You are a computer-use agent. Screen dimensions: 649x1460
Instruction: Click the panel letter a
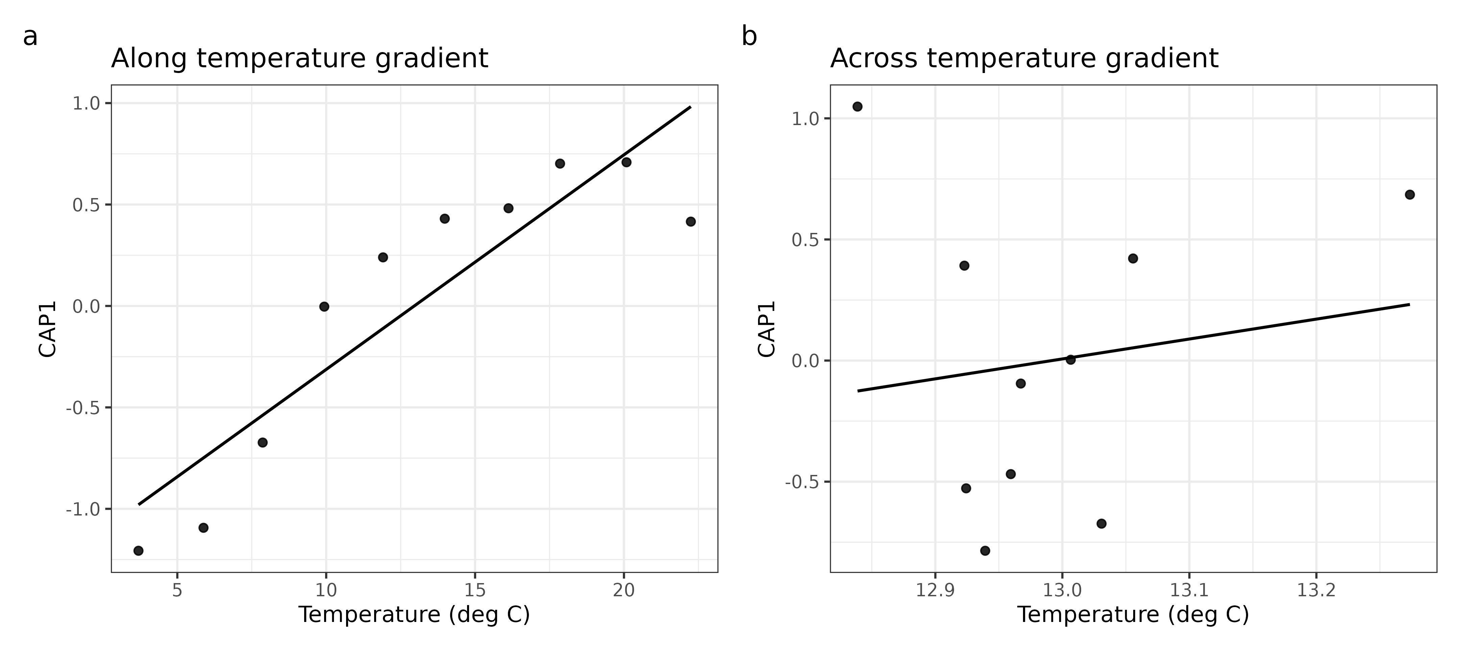30,38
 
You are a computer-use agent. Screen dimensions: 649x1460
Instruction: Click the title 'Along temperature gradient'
299,58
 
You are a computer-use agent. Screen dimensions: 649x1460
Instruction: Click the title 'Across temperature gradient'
1024,58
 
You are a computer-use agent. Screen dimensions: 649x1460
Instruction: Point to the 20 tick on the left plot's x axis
624,591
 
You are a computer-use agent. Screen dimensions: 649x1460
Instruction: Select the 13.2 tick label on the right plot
1316,591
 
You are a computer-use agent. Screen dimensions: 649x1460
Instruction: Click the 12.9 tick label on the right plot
934,591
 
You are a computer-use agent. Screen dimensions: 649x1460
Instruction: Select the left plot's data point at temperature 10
324,307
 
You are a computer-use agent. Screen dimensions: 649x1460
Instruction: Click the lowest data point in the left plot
138,550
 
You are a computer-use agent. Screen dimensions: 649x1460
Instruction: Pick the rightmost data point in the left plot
690,222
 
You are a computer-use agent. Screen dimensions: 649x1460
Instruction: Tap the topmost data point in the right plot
857,106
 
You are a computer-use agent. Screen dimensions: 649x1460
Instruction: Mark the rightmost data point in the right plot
1410,194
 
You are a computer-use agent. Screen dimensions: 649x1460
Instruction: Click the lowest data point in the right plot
985,550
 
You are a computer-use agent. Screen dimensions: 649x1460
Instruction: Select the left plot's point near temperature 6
203,528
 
